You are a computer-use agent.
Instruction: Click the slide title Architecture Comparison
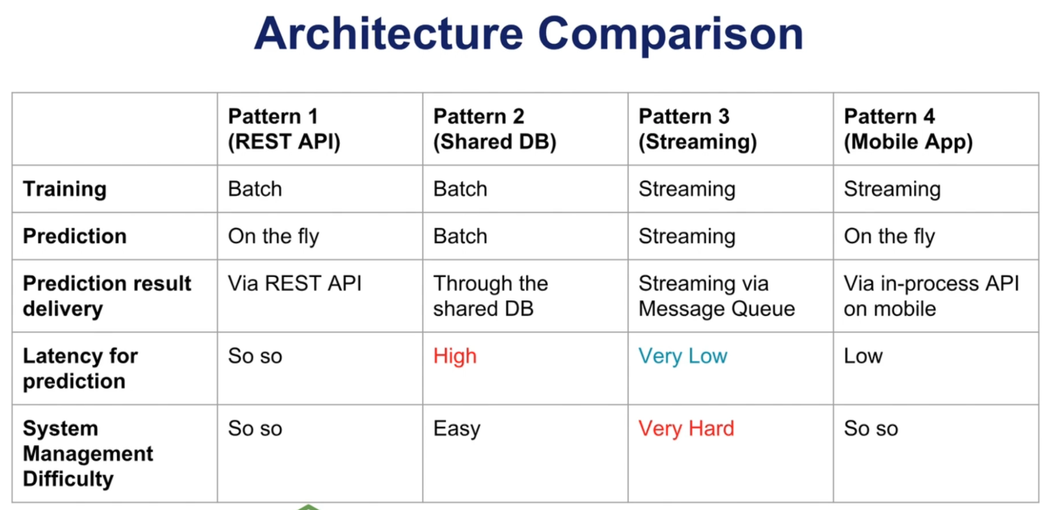[528, 34]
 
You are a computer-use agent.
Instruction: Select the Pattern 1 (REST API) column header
[284, 129]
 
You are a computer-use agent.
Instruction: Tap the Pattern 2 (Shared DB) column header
[494, 129]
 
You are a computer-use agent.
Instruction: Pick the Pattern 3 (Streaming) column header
[697, 129]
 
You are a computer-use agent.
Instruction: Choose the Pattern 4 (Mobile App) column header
[907, 129]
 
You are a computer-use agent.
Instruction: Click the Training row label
[65, 189]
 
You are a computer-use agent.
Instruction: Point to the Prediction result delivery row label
[107, 296]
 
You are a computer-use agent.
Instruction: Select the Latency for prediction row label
[80, 368]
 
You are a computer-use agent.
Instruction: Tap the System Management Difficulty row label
[87, 453]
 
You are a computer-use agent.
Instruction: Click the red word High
[455, 356]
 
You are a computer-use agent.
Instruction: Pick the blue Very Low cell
[683, 356]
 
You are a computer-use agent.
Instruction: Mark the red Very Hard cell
[686, 429]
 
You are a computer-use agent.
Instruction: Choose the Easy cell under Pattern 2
[456, 429]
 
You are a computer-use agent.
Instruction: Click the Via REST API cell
[295, 284]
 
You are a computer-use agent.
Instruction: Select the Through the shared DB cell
[490, 296]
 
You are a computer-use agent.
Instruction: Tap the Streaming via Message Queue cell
[716, 296]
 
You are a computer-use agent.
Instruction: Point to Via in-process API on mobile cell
[930, 296]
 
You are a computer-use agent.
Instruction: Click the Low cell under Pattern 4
[863, 356]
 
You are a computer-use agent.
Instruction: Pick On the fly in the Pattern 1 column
[273, 237]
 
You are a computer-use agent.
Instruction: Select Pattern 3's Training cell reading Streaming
[687, 189]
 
